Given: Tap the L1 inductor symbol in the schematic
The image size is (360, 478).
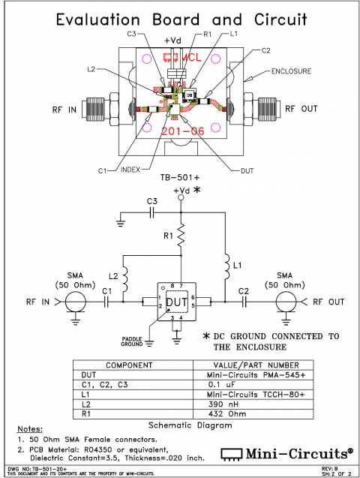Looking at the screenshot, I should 226,267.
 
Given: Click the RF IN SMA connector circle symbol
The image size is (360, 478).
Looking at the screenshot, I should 73,302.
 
